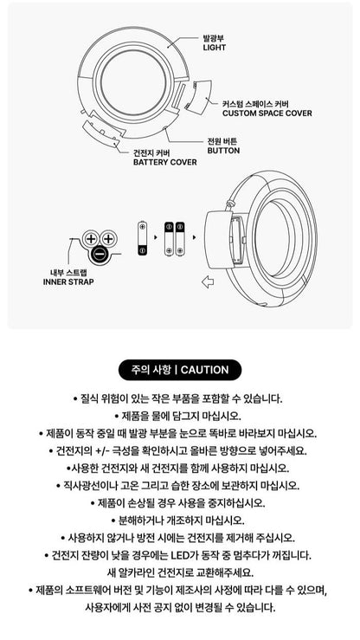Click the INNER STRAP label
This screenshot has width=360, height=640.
coord(68,282)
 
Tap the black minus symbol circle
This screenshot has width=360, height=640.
coord(100,254)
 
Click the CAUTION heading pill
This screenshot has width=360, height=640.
coord(179,370)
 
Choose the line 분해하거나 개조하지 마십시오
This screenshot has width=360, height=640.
coord(180,520)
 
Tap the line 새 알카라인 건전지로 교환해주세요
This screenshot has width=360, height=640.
coord(180,572)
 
